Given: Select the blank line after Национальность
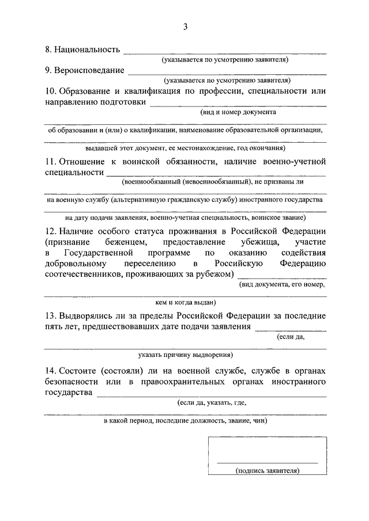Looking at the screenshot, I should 225,53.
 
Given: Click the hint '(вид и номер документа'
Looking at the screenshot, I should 234,113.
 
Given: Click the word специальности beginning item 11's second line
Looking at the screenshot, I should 74,172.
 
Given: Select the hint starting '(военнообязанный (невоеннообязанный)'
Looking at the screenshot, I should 213,182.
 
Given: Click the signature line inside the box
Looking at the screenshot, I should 267,463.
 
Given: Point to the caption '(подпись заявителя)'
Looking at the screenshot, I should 267,471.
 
